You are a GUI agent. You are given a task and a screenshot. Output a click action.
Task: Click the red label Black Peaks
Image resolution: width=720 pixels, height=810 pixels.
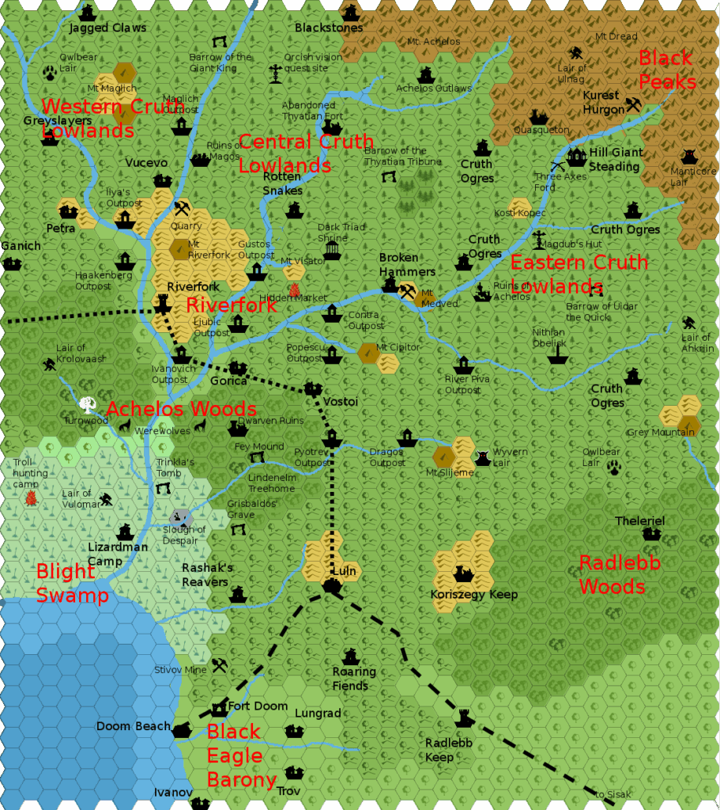666,70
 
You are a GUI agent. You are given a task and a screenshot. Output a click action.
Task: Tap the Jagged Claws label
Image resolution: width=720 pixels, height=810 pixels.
107,28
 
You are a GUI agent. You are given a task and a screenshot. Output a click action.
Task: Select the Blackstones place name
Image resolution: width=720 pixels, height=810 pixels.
329,28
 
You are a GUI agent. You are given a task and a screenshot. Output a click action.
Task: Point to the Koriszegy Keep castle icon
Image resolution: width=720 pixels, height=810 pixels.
462,573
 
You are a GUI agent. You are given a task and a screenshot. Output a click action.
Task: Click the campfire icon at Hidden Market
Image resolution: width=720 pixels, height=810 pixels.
295,290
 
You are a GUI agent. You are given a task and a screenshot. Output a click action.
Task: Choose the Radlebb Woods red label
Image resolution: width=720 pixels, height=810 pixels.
612,575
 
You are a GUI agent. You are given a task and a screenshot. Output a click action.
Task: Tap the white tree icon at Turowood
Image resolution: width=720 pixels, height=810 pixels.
86,404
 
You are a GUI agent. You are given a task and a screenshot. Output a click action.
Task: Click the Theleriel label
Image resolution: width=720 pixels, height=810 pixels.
640,520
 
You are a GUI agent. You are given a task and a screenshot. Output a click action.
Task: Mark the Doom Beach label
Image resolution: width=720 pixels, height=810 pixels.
133,726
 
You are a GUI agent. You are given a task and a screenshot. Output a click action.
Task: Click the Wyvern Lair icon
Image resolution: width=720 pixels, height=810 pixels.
482,458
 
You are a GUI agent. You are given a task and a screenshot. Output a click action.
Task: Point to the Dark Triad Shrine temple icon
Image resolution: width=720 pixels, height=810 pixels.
332,251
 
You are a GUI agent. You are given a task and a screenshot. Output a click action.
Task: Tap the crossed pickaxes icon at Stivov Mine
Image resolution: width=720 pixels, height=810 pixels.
220,665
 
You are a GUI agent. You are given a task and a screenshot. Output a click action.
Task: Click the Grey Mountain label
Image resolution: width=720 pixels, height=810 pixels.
661,432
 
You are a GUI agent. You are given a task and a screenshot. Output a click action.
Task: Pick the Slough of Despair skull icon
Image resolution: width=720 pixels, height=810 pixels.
182,517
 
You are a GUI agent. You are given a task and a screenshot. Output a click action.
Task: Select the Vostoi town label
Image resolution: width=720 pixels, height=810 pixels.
341,402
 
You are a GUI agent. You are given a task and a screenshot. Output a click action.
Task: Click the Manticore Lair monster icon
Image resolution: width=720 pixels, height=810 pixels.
688,157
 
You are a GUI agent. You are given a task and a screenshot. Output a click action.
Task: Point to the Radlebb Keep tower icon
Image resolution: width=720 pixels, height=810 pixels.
464,718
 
